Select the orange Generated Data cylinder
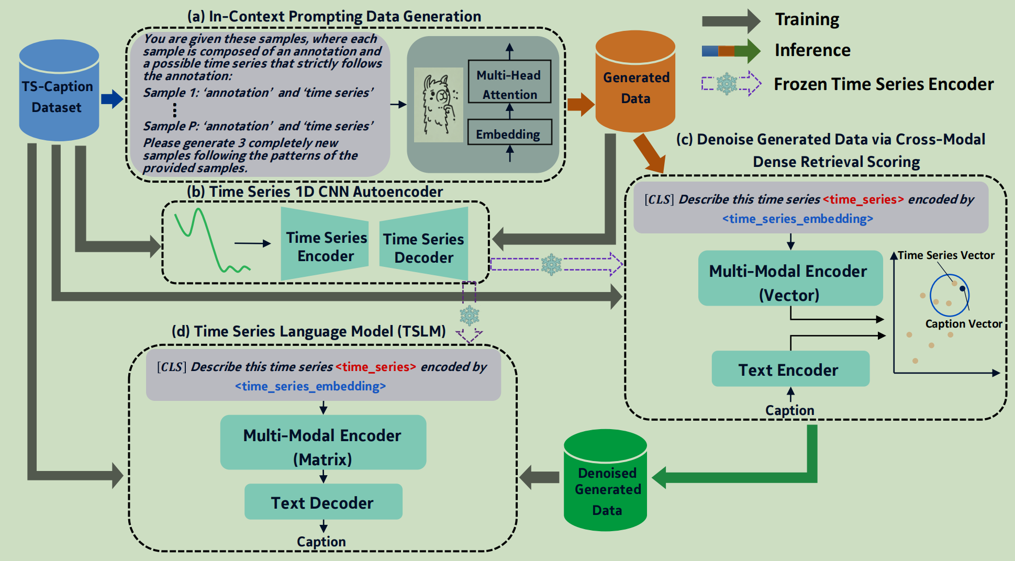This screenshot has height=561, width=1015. click(635, 84)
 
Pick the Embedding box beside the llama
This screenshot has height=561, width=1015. click(509, 132)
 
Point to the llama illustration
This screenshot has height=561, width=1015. click(439, 105)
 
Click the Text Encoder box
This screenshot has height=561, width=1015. click(790, 369)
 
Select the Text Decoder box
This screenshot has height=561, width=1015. click(323, 502)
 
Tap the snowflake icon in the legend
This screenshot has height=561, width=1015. click(727, 84)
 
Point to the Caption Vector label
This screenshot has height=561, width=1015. click(963, 324)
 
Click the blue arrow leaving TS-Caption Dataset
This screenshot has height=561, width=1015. click(111, 98)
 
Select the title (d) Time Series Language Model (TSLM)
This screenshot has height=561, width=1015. click(309, 331)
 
